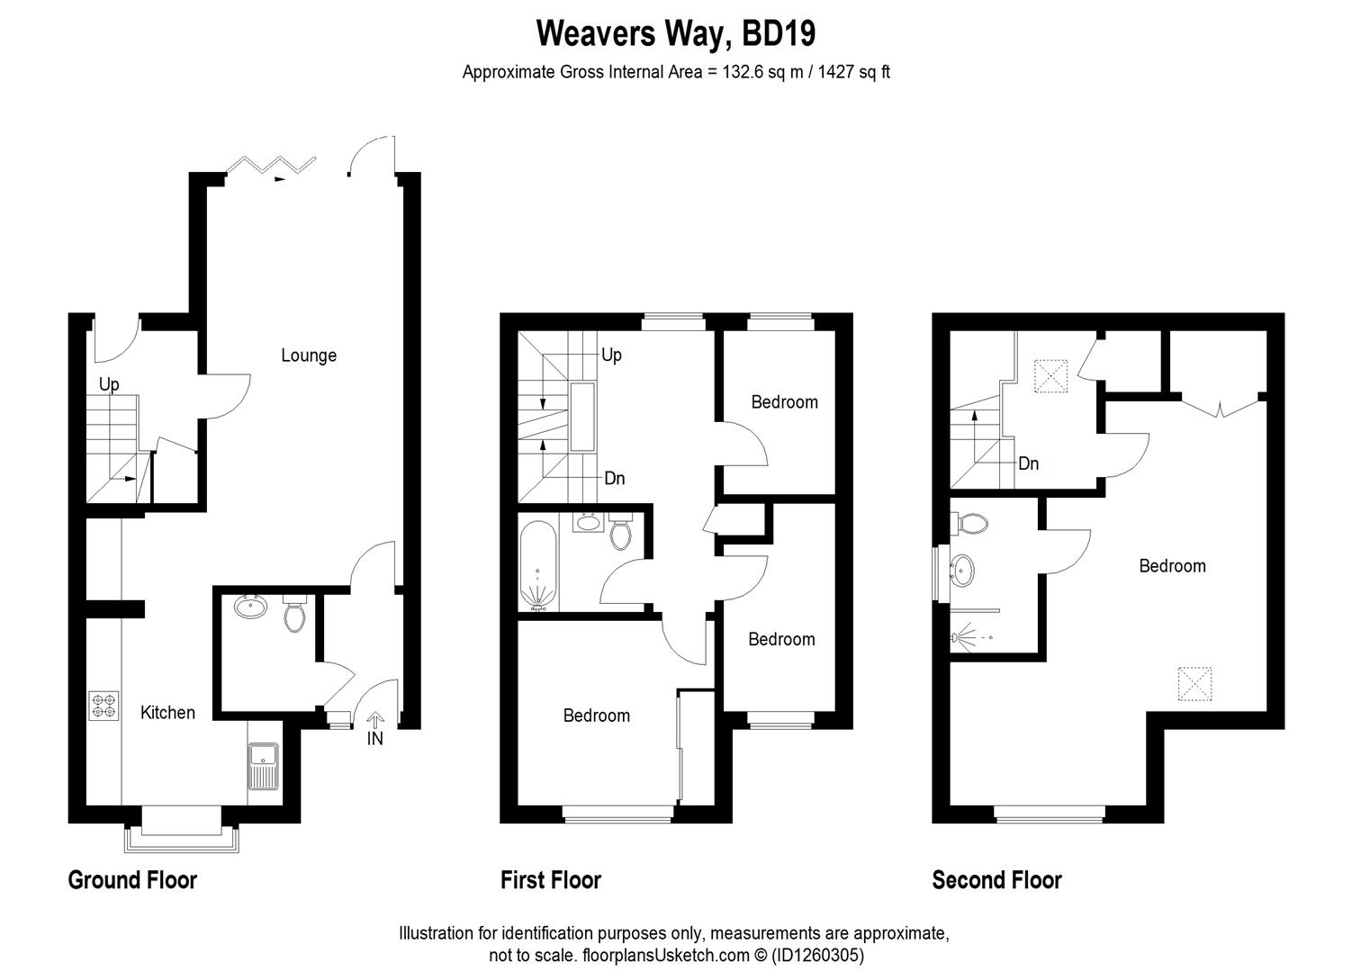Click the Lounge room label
pos(309,355)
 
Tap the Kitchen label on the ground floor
pos(167,713)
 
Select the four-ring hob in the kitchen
pos(104,705)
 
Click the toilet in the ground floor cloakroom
pos(294,613)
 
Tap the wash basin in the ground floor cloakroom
pos(249,607)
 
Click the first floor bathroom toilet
pos(620,533)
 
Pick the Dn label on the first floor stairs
pos(614,479)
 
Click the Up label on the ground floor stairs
pos(109,384)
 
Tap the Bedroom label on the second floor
pos(1172,566)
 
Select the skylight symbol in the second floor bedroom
pos(1194,683)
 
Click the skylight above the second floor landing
pos(1050,376)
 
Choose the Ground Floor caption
pos(132,880)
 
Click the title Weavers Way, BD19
pos(676,34)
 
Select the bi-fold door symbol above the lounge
pos(271,166)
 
